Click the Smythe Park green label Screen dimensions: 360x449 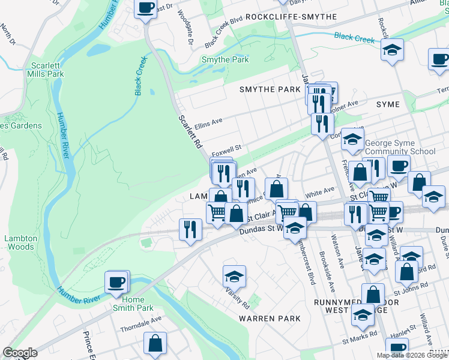(225, 60)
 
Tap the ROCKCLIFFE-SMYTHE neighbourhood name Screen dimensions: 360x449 (291, 17)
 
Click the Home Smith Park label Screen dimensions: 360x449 (133, 304)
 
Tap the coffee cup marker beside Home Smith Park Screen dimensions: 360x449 (116, 281)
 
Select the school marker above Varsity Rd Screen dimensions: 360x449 (235, 276)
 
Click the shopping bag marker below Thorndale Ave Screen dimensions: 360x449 (155, 344)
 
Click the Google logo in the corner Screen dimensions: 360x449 (20, 353)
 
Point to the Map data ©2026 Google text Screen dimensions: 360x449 (412, 355)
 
